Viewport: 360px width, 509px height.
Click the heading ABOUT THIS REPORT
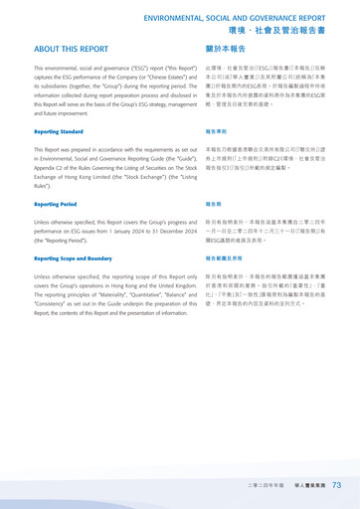tap(72, 48)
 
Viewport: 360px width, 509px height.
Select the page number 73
tap(337, 484)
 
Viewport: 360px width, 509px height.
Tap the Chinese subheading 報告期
tap(213, 204)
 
